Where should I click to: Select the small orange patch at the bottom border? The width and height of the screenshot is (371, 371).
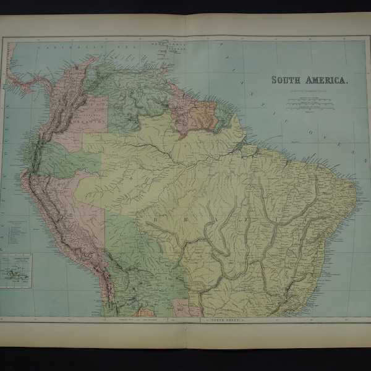tap(147, 312)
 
